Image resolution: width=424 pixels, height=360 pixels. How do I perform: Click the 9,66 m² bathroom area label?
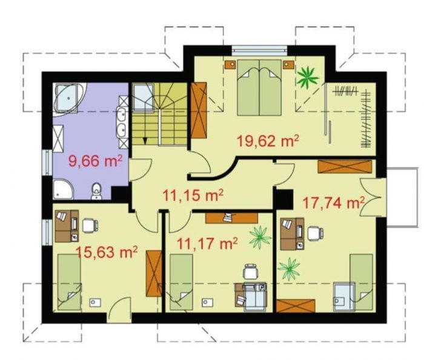coord(96,162)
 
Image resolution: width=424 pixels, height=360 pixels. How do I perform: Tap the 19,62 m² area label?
coord(268,141)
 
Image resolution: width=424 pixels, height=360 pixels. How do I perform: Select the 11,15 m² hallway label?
coord(193,195)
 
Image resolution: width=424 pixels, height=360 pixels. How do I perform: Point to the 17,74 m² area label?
coord(333,203)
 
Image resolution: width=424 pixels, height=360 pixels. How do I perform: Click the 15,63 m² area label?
coord(107,252)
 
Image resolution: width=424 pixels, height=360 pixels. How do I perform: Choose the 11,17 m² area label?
coord(207,244)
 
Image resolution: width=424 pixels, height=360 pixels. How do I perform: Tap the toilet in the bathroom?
coord(96,191)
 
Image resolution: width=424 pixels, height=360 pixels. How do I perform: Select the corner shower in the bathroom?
coord(63,189)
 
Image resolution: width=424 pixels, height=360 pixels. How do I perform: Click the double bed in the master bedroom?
coord(259,88)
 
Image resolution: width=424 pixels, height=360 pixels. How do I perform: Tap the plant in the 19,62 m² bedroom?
coord(308,77)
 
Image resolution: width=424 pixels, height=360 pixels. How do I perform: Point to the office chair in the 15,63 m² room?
coord(90,225)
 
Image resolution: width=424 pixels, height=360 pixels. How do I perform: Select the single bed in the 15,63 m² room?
coord(70,282)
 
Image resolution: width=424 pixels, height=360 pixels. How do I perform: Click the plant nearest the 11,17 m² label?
coord(260,237)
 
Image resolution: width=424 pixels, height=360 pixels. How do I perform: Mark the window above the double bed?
coord(259,50)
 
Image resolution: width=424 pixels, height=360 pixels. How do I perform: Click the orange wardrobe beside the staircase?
coord(199,110)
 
